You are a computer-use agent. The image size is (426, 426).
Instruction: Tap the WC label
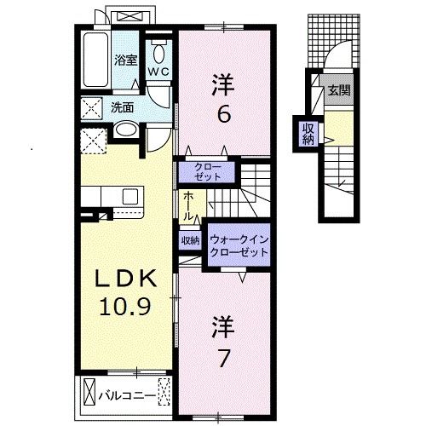click(x=159, y=72)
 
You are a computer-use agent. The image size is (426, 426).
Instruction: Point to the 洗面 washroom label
click(x=123, y=107)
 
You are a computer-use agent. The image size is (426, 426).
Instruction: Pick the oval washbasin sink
click(x=124, y=130)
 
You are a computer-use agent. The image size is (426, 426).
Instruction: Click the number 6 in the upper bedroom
click(x=223, y=113)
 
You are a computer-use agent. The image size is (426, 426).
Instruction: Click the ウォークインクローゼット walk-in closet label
click(x=239, y=246)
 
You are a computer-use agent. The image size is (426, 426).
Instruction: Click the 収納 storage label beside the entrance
click(x=307, y=133)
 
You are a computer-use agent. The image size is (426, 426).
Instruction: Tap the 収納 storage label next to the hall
click(x=189, y=241)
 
